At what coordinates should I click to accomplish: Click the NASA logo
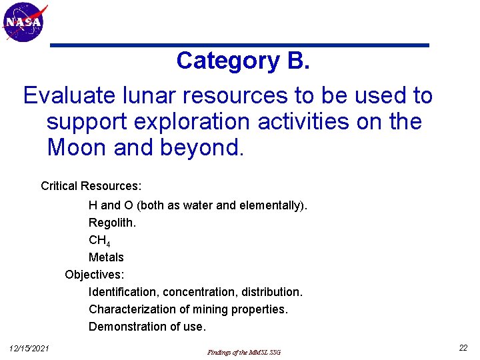tap(24, 22)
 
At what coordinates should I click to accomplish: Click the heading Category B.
tap(243, 61)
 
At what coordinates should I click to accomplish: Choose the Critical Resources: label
tap(91, 185)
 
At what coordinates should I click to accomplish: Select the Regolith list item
tap(112, 223)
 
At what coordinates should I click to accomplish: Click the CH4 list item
tap(99, 241)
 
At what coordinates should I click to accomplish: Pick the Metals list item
tap(106, 257)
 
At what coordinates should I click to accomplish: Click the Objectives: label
tap(95, 275)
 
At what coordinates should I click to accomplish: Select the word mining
tap(210, 309)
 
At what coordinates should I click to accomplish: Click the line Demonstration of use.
tap(147, 327)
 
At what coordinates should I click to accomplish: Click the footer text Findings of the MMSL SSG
tap(244, 352)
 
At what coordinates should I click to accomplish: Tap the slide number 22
tap(463, 348)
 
